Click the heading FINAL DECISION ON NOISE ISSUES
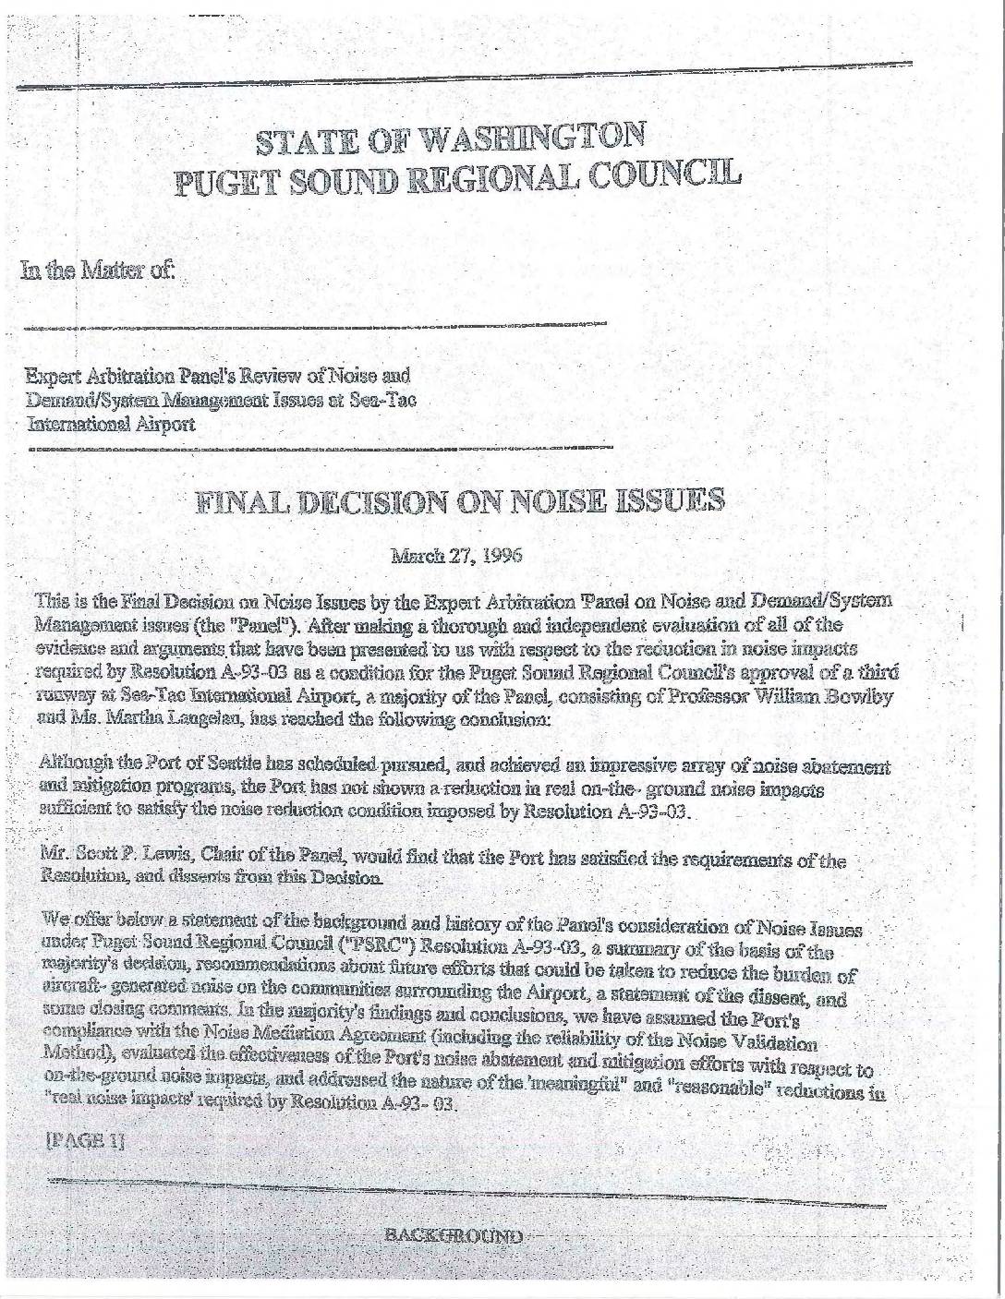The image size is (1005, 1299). click(459, 501)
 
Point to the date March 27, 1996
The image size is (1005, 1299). click(457, 556)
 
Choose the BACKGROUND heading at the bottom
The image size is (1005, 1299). click(453, 1235)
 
